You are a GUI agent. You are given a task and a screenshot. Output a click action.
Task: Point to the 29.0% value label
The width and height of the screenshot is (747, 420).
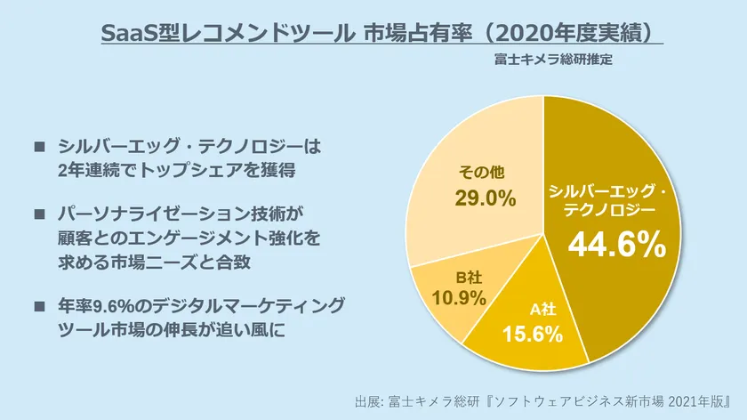point(486,198)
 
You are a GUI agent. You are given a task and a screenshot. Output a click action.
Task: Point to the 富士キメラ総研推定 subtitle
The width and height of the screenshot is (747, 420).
point(554,61)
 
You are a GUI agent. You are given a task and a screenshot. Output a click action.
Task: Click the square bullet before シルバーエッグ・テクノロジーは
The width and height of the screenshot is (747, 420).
point(38,145)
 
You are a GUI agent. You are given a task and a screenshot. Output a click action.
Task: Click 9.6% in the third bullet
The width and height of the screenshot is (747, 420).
point(113,306)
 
